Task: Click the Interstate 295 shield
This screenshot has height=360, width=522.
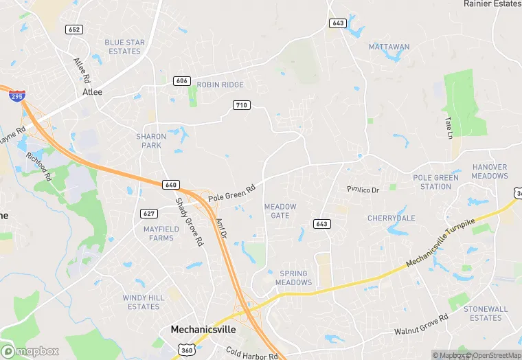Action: point(16,95)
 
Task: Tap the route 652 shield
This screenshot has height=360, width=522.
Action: point(74,29)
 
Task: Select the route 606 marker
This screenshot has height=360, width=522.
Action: point(182,80)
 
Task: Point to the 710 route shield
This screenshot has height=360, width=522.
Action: point(241,105)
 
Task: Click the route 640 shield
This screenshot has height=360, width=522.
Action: point(171,184)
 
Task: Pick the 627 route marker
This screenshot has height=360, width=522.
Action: point(149,213)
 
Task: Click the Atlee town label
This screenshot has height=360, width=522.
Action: point(92,92)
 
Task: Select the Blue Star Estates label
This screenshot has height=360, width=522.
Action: point(124,47)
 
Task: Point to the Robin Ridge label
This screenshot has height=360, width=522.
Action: point(220,85)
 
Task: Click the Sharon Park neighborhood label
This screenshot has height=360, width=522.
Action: point(151,141)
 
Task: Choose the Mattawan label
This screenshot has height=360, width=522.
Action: point(389,47)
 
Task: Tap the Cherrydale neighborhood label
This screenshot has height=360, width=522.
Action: point(391,218)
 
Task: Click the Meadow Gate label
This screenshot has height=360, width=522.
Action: point(280,211)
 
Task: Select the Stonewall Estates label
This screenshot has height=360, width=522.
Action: point(486,313)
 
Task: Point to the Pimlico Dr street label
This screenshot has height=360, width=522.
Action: point(363,189)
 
